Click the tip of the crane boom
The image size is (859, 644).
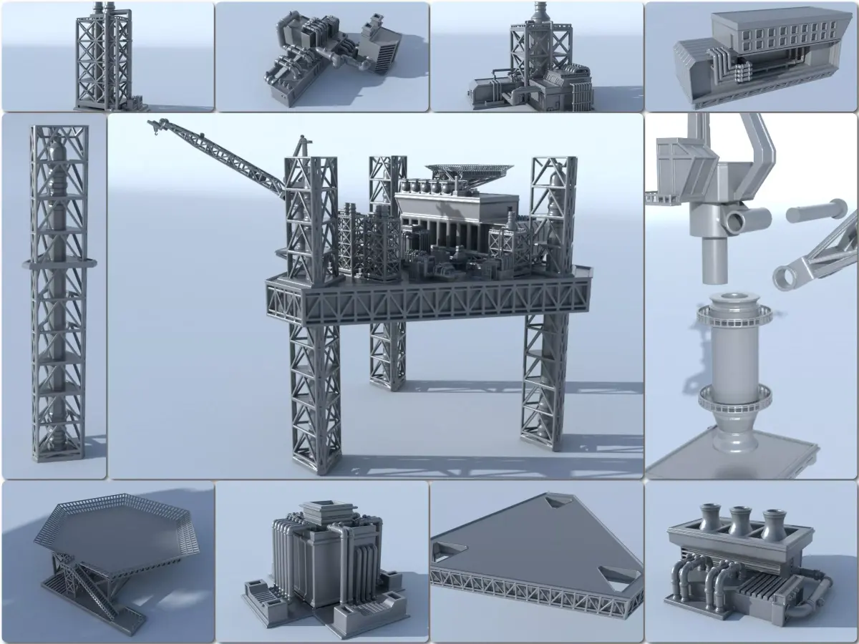click(x=152, y=125)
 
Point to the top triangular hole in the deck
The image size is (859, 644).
click(x=554, y=504)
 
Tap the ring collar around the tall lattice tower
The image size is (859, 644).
click(x=59, y=263)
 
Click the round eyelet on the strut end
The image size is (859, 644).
click(x=785, y=278)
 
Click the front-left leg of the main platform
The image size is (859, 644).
click(x=315, y=401)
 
